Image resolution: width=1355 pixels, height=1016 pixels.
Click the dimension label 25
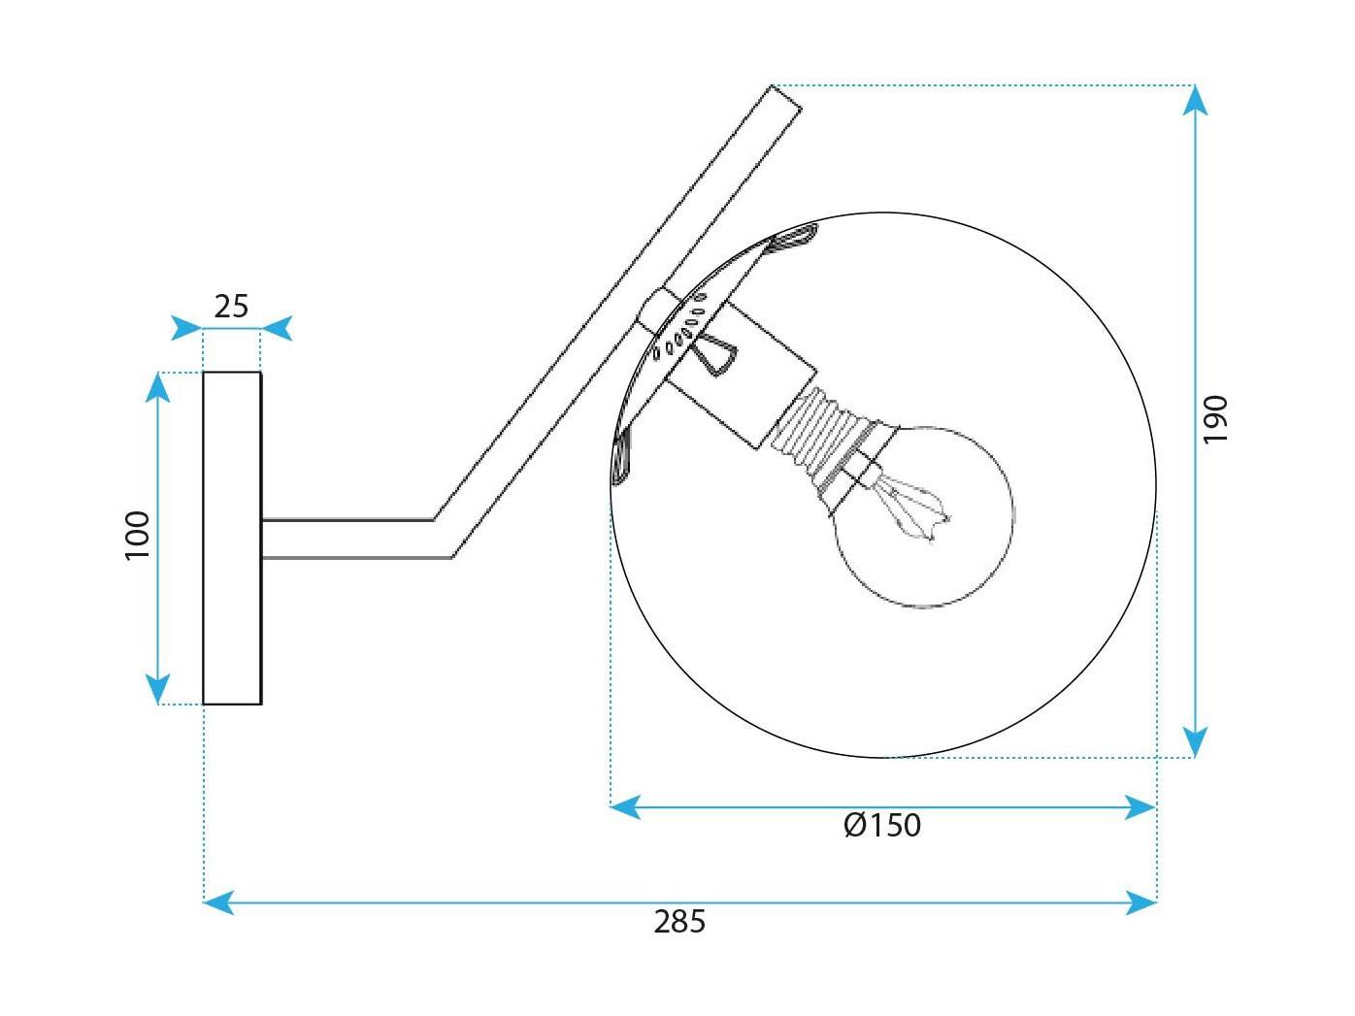point(231,307)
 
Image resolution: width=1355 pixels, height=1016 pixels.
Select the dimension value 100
point(138,536)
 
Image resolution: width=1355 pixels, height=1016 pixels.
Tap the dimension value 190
point(1215,419)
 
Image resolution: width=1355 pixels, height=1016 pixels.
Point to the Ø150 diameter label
point(882,825)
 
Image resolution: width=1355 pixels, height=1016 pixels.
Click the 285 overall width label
point(679,922)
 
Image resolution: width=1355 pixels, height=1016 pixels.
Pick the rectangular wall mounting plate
point(232,538)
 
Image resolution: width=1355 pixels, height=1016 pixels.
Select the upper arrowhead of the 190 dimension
point(1195,100)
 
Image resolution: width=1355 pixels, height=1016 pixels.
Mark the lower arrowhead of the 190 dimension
point(1195,742)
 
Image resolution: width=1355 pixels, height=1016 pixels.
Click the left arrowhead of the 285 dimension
point(219,902)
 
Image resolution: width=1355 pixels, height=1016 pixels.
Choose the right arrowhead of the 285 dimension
point(1141,902)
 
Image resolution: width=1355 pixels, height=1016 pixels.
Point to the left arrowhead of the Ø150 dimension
point(625,806)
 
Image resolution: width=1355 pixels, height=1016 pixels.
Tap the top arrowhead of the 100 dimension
point(158,387)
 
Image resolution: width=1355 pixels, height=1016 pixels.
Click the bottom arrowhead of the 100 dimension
point(158,689)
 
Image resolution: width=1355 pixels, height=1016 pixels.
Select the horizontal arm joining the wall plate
point(348,540)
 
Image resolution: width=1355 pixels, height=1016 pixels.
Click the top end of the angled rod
point(786,98)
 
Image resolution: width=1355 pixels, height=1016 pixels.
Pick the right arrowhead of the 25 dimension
point(276,328)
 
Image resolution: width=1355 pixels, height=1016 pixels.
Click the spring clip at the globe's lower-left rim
point(621,455)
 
